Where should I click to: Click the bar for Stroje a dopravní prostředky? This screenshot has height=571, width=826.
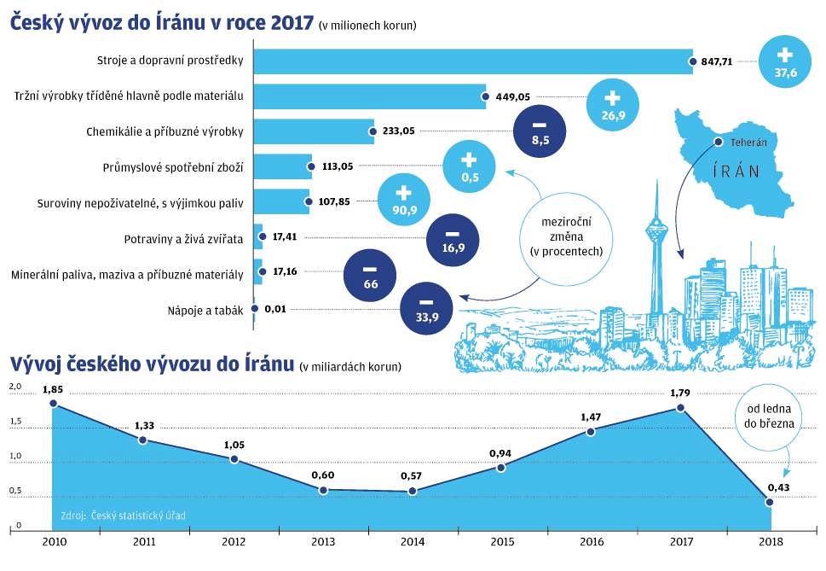tap(473, 61)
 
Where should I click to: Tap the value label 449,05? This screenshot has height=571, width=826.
tap(513, 96)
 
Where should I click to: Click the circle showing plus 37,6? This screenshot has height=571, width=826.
tap(785, 62)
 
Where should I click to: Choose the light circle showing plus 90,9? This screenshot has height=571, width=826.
tap(404, 201)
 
